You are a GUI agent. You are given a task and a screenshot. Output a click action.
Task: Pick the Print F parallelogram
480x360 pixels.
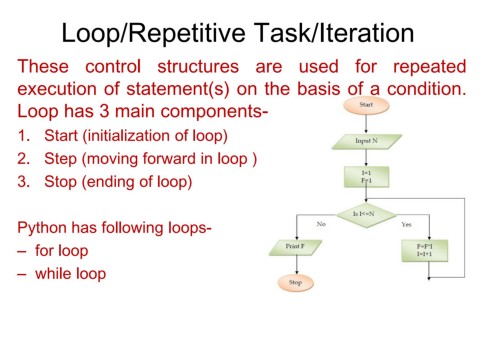[296, 247]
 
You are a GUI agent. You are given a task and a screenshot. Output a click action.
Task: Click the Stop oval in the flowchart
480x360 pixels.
[296, 283]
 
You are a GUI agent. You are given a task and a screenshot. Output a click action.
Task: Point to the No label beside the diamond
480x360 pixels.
[320, 224]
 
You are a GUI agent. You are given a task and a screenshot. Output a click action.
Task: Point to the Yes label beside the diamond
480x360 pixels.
[406, 224]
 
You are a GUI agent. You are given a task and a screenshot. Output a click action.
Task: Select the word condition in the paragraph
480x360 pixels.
[424, 89]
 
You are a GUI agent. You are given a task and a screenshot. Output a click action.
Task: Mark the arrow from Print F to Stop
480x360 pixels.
[296, 265]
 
